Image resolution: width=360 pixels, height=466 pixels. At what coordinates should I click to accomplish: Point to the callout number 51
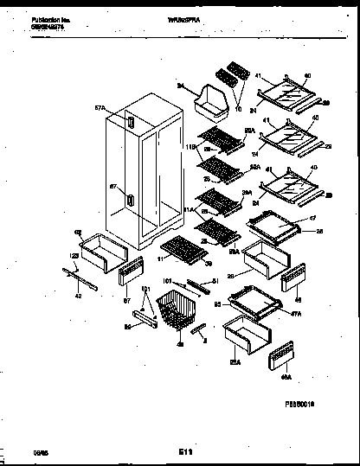(215, 279)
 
